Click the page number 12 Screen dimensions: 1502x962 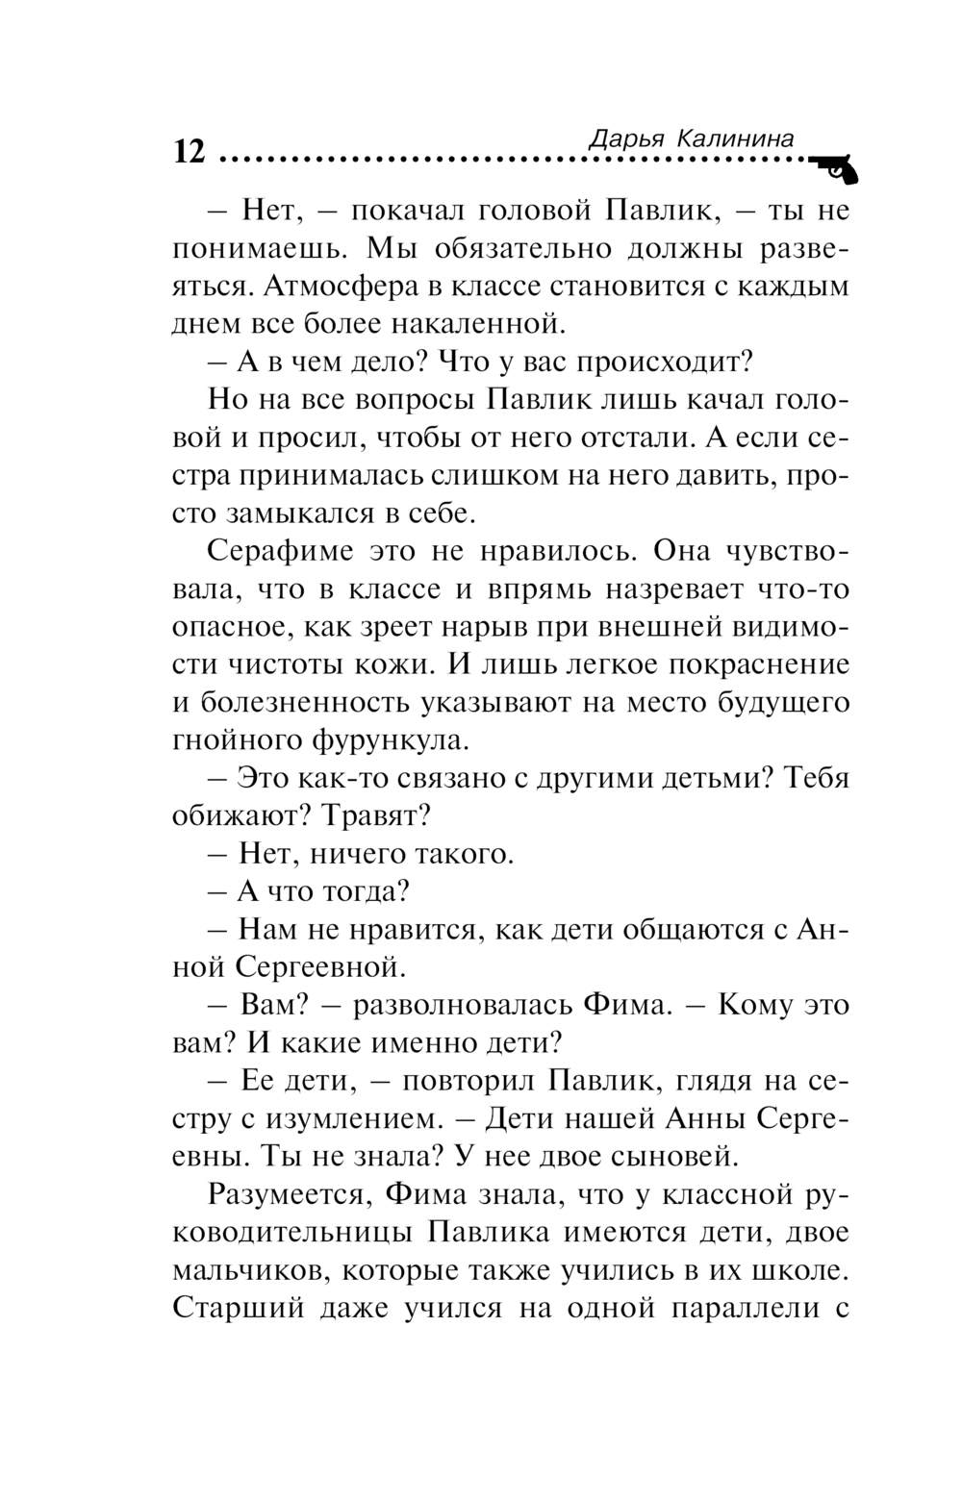tap(190, 152)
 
